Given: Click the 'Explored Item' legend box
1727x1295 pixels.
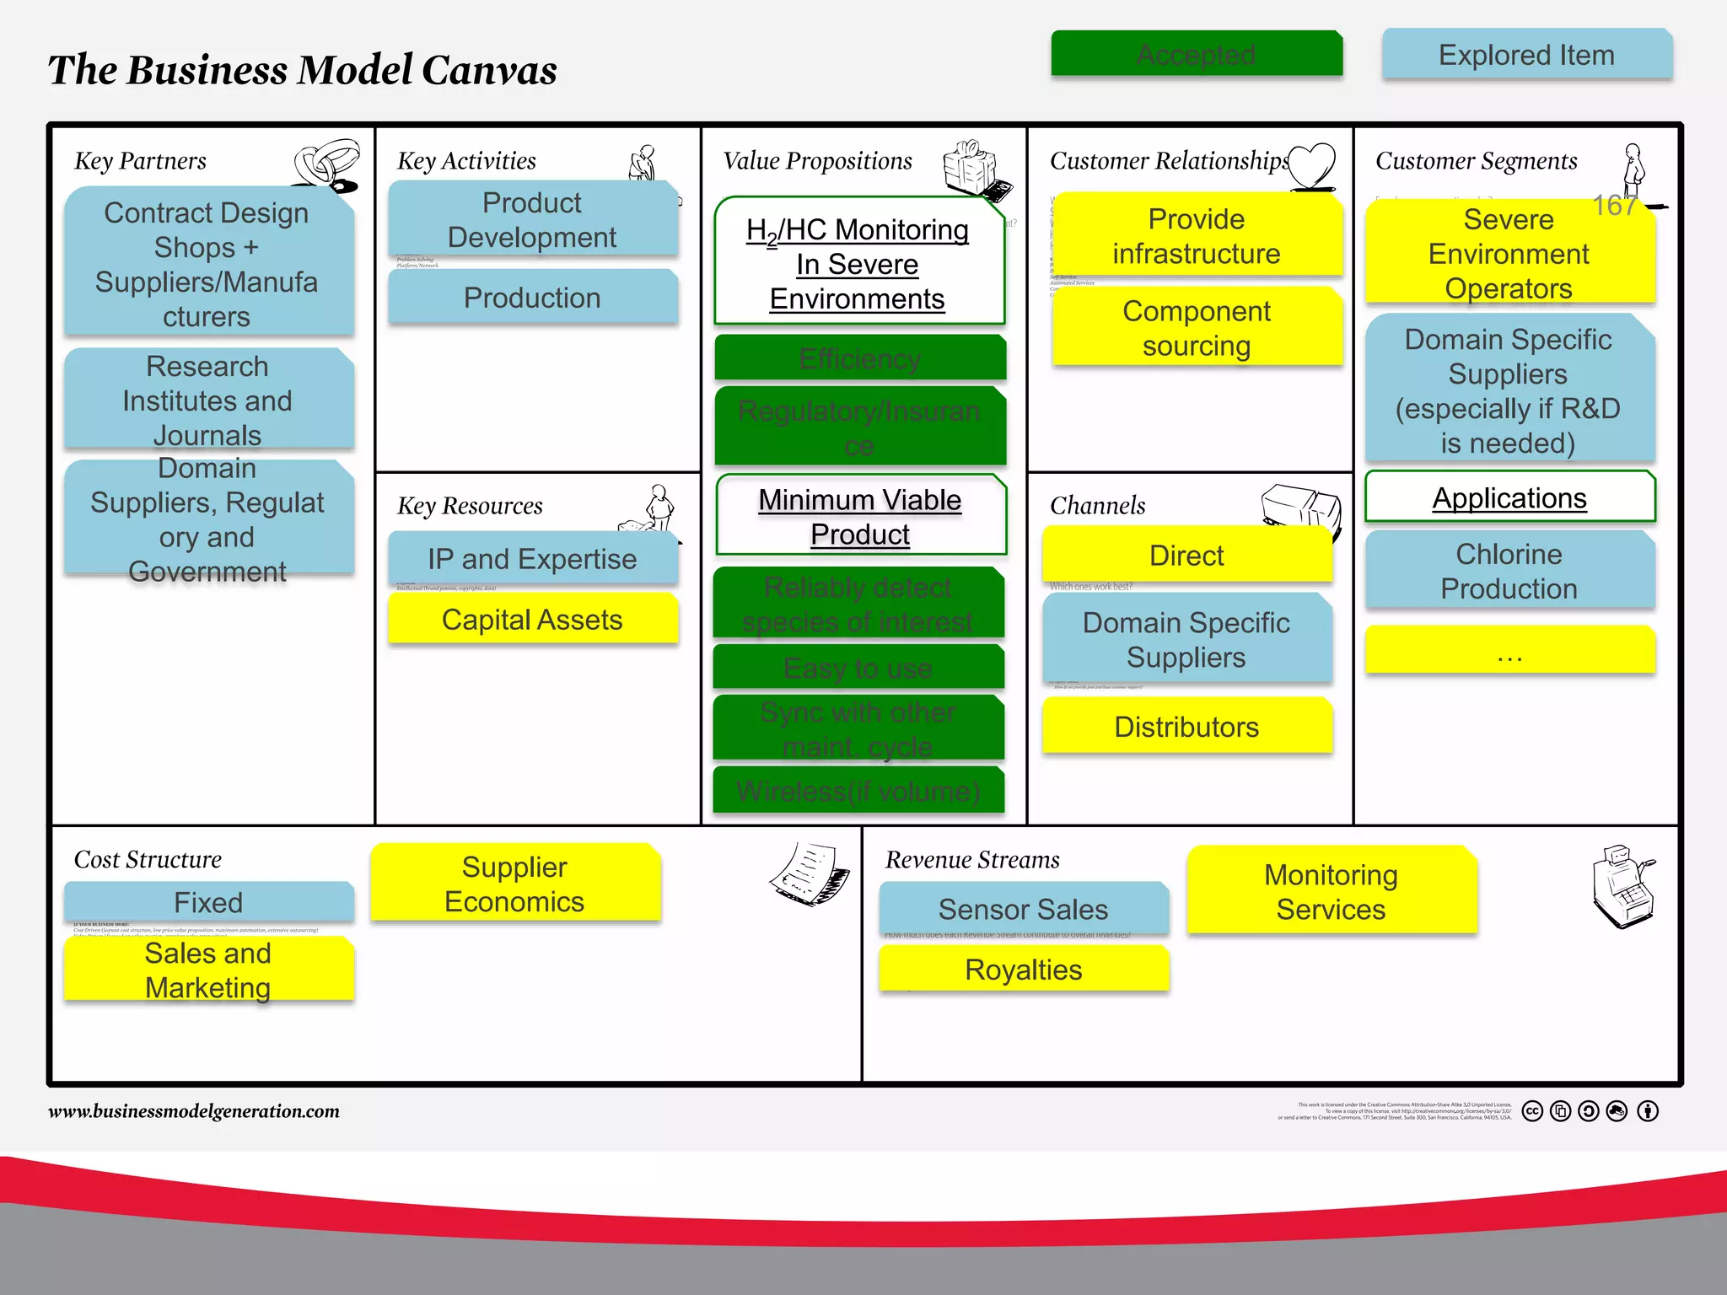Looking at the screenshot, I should point(1526,55).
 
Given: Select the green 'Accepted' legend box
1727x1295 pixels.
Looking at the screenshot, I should point(1196,55).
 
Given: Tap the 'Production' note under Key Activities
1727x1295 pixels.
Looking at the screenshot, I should point(532,298).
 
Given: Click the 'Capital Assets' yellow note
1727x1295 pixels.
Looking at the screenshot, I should point(532,620).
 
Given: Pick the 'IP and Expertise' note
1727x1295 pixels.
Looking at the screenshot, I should point(532,558).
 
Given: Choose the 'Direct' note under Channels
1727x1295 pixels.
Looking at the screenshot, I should point(1186,556).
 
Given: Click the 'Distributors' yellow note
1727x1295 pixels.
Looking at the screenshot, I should point(1186,727).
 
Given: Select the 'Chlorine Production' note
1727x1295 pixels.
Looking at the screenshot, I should point(1509,571).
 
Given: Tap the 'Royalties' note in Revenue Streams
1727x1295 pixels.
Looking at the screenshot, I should point(1023,970).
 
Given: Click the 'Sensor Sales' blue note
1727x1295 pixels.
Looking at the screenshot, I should point(1023,909).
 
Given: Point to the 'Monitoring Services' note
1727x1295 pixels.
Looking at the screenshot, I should point(1331,892).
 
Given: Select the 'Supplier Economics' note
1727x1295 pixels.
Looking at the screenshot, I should point(514,884).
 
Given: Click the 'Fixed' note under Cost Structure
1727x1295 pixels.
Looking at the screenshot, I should point(208,902).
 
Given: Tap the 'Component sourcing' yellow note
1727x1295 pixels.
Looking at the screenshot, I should point(1197,328).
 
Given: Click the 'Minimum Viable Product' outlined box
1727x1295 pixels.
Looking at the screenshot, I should point(860,516).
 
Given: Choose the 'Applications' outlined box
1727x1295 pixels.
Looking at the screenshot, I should point(1509,497).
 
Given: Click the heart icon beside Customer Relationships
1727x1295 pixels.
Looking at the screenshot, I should point(1312,164).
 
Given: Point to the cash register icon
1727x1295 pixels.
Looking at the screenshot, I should point(1623,885).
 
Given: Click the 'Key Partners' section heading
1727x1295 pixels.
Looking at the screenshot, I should point(140,161).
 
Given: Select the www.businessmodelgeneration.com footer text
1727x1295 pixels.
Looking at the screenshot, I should point(194,1111).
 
